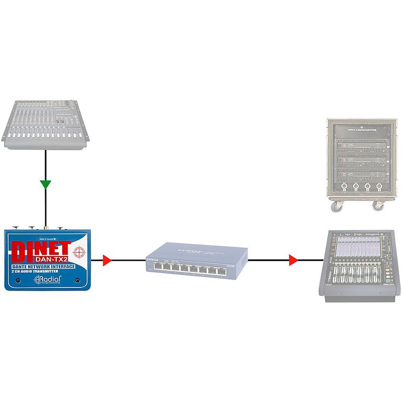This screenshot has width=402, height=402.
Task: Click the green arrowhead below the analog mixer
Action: tap(46, 184)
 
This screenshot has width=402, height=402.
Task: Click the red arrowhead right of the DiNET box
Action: tap(106, 260)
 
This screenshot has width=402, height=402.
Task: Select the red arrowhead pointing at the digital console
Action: tap(293, 260)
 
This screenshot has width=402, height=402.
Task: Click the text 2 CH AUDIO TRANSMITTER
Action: tap(41, 272)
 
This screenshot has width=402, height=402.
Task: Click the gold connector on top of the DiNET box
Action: tap(46, 227)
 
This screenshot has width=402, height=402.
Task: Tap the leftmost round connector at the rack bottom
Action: tap(344, 187)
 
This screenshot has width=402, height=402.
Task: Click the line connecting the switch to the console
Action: tap(271, 260)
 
